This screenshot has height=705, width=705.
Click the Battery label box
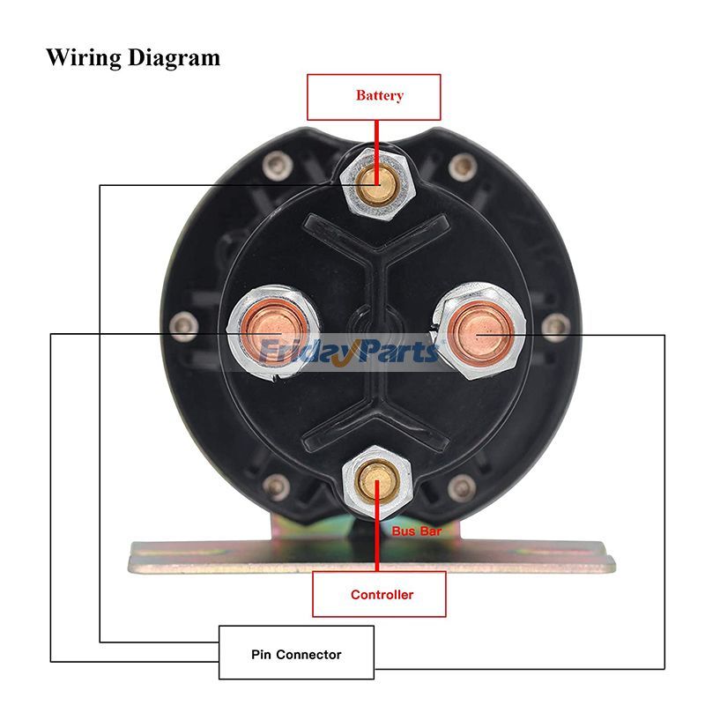373,96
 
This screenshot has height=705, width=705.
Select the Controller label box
380,594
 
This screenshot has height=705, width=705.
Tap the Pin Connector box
296,653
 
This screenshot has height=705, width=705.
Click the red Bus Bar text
417,531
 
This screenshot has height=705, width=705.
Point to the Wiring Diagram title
133,58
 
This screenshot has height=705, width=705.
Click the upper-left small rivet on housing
281,165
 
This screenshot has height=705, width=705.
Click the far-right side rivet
553,328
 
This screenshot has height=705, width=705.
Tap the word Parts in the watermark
396,352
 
